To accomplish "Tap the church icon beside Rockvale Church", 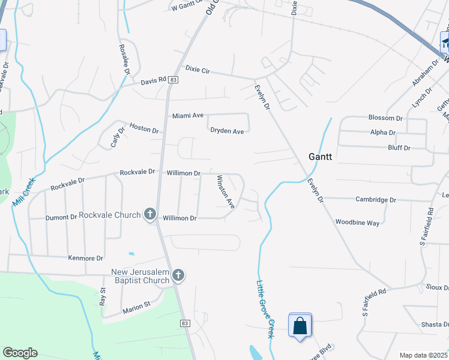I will (150, 214).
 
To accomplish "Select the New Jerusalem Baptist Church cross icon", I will (178, 275).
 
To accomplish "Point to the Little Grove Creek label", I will (265, 310).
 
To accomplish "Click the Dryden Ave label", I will (227, 131).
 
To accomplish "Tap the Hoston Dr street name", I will (144, 130).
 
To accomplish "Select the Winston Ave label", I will (224, 191).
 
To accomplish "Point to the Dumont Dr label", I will (61, 218).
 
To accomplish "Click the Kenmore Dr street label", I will (87, 258).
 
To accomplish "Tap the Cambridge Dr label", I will (376, 200).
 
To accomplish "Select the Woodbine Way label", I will (357, 223).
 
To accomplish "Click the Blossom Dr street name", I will (385, 118).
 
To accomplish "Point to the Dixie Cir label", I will (197, 70).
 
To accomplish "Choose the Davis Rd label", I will (153, 82).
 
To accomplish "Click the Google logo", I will (20, 353).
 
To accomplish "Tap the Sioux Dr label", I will (437, 287).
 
